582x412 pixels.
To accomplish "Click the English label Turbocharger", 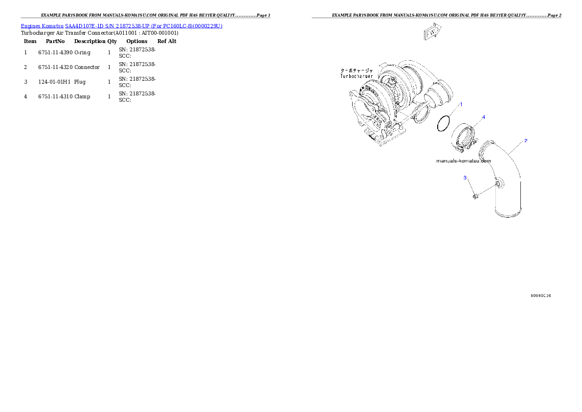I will point(357,76).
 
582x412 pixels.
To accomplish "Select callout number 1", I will point(460,104).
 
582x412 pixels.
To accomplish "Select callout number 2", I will point(526,141).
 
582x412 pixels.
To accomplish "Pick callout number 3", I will point(465,178).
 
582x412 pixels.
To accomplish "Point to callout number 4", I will point(484,117).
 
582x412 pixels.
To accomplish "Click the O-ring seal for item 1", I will point(444,123).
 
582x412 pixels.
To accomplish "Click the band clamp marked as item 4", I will point(463,137).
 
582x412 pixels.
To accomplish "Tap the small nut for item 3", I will point(475,196).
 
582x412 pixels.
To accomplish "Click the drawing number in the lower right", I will point(541,296).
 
